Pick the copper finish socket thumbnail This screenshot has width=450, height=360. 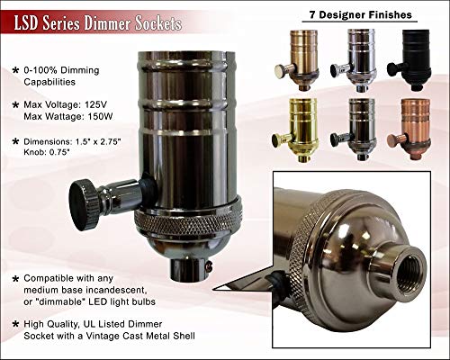411,129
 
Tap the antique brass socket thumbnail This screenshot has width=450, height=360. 300,60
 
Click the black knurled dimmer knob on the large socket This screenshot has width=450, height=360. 84,204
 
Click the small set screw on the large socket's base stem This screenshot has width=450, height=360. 209,265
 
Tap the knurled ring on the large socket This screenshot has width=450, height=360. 188,224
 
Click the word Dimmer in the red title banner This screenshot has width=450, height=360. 108,23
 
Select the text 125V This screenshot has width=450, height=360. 95,104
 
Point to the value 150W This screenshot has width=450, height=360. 101,116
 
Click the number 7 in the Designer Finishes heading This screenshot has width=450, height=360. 312,14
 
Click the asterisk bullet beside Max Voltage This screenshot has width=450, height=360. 15,105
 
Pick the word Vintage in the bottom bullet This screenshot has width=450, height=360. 103,336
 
